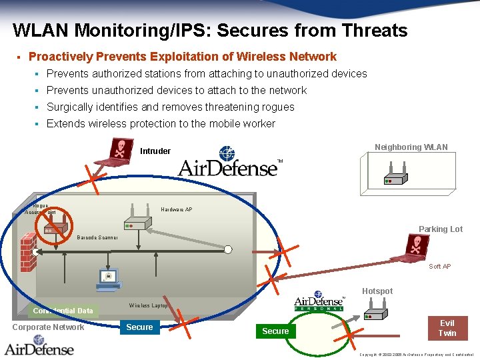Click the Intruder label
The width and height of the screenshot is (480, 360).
[155, 151]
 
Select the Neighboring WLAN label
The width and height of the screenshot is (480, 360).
[411, 147]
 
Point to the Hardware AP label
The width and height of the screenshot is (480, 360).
[176, 210]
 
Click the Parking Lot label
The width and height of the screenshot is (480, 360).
[440, 229]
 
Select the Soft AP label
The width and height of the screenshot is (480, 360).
[439, 267]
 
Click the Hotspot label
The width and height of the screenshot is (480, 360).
[377, 291]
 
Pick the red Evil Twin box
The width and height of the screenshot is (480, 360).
[447, 328]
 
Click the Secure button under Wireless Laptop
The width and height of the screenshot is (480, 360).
[139, 327]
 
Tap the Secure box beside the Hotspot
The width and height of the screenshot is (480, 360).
[275, 331]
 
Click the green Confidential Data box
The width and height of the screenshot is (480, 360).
[63, 311]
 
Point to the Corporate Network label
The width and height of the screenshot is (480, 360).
[48, 327]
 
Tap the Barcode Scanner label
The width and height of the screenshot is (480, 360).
[97, 237]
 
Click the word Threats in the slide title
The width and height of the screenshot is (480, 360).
[374, 31]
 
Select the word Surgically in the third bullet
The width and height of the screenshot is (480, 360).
[69, 107]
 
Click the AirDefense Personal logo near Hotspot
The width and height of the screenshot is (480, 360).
[319, 301]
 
